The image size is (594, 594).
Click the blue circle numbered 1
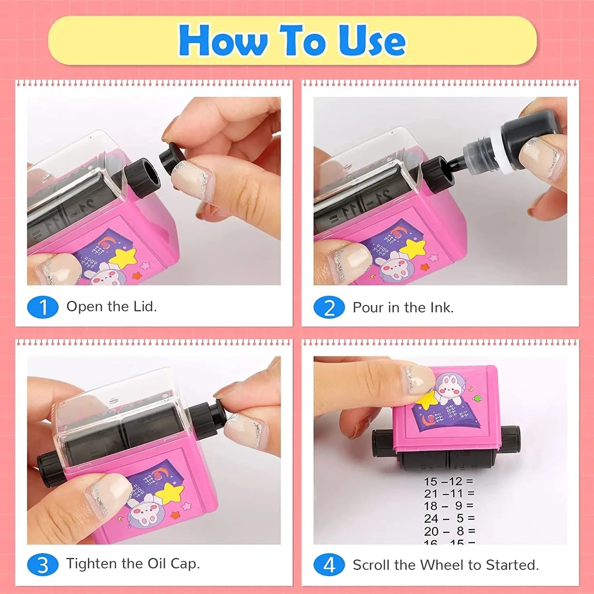(43, 307)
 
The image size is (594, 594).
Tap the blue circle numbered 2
(329, 307)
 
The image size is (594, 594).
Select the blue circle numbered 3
(43, 565)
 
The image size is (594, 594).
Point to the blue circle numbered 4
(329, 565)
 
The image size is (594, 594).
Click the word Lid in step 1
(145, 306)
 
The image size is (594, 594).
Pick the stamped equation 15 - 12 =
(449, 481)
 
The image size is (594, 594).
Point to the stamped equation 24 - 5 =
(449, 518)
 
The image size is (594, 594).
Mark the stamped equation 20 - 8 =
(449, 531)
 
